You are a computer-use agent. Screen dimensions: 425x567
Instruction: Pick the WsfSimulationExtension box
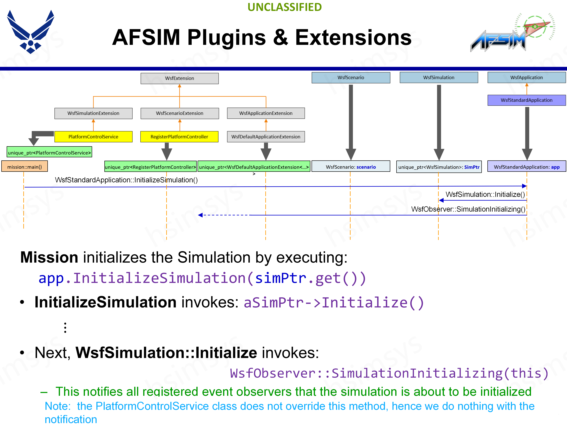93,113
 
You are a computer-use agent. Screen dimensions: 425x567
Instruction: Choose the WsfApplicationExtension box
266,113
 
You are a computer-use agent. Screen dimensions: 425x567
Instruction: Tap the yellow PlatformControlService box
93,137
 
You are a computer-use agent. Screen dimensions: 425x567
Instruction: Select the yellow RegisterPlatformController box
179,137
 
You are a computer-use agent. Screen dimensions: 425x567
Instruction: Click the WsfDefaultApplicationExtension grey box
266,137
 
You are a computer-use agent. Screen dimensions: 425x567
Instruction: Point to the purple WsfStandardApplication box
527,100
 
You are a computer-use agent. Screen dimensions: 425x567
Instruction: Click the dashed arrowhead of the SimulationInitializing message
201,215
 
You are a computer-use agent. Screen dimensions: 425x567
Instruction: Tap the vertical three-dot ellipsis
65,328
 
